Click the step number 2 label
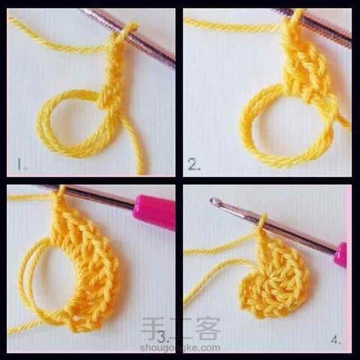click(x=194, y=165)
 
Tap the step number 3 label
click(x=163, y=337)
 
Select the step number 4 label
click(x=336, y=340)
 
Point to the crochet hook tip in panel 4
click(x=214, y=201)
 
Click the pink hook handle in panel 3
click(x=154, y=211)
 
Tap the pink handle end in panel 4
click(x=340, y=255)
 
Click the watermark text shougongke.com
click(x=180, y=348)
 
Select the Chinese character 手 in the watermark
click(x=152, y=328)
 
